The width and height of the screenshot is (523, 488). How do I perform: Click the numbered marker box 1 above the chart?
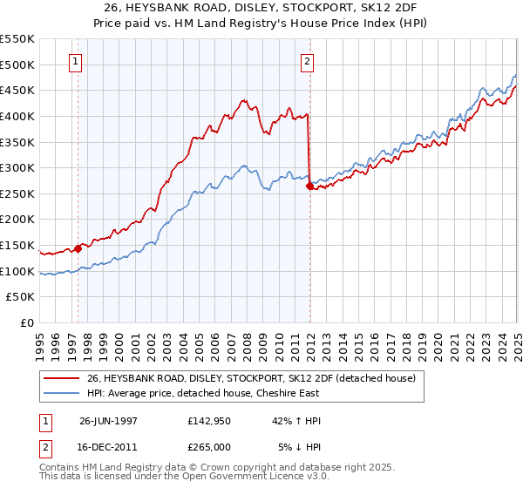pyautogui.click(x=78, y=61)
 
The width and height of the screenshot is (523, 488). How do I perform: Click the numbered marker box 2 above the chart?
pyautogui.click(x=308, y=61)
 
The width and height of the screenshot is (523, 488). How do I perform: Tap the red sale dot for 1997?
pyautogui.click(x=78, y=248)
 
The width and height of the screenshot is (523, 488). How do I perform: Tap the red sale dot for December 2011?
pyautogui.click(x=309, y=186)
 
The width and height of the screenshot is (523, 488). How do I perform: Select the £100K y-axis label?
pyautogui.click(x=18, y=271)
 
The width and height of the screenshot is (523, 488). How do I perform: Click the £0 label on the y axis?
pyautogui.click(x=28, y=323)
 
